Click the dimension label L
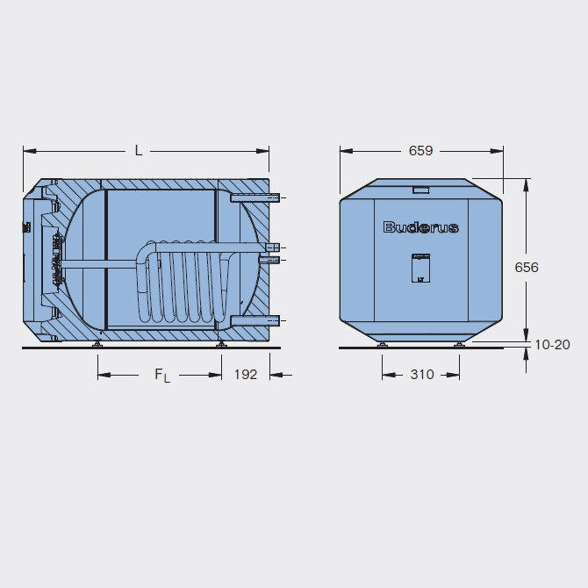(139, 150)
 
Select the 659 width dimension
(420, 150)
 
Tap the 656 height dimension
(527, 267)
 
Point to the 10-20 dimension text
(552, 345)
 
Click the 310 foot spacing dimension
(421, 375)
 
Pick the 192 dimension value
(246, 375)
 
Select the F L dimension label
(162, 376)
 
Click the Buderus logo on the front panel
(420, 227)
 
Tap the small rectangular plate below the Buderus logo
(420, 268)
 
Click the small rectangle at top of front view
(420, 189)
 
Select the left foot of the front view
(383, 345)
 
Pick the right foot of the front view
(458, 345)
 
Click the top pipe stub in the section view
(255, 199)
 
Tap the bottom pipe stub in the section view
(255, 319)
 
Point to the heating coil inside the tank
(184, 281)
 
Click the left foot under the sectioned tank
(98, 345)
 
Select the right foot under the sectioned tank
(221, 345)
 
